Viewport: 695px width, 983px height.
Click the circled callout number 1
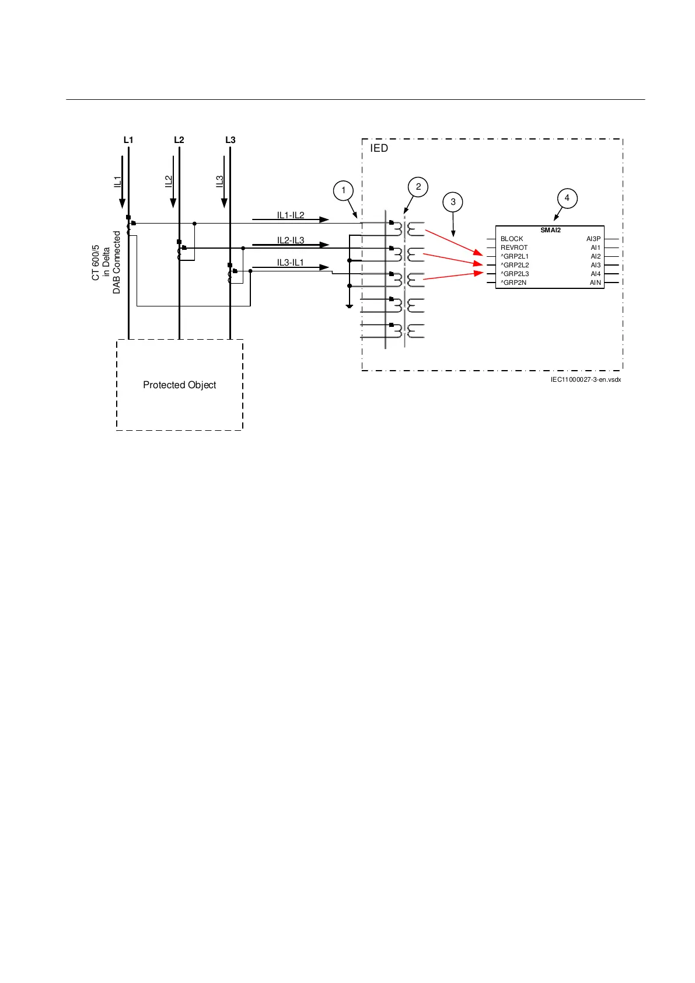point(343,190)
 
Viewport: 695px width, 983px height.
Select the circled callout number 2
point(418,187)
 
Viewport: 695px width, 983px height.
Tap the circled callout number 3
point(453,202)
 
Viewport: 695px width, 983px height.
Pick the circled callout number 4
point(567,198)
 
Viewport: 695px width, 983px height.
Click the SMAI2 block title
point(550,230)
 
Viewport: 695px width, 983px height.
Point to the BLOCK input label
point(512,239)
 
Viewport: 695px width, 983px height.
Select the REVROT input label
point(514,248)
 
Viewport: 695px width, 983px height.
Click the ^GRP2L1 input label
point(514,256)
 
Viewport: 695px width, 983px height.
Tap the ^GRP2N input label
point(514,283)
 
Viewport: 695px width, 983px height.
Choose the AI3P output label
point(593,239)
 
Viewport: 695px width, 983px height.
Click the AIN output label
point(595,283)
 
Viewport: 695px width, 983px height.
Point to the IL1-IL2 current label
point(291,215)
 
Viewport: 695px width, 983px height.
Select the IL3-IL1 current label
point(291,263)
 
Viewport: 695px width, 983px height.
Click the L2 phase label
point(179,140)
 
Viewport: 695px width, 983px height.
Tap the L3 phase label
point(230,140)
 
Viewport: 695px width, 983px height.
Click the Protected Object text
point(180,385)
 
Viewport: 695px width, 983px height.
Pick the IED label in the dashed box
point(379,148)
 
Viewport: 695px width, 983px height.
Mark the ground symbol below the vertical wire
point(349,305)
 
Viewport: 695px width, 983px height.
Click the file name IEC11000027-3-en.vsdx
point(585,380)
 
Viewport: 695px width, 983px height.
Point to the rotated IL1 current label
point(117,182)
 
